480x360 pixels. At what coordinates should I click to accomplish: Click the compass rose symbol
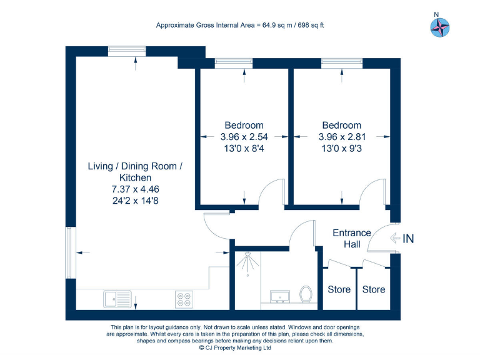click(440, 27)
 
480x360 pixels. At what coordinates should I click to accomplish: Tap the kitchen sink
click(117, 299)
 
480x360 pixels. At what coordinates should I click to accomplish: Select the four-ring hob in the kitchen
click(184, 299)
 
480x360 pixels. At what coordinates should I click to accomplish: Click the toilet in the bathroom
click(306, 294)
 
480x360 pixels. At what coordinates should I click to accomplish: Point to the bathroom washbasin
click(280, 297)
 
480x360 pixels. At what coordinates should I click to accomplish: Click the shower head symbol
click(247, 263)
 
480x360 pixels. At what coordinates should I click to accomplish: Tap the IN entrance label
click(408, 239)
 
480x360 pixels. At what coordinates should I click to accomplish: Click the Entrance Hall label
click(352, 239)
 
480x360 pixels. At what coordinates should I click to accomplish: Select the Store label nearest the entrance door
click(374, 289)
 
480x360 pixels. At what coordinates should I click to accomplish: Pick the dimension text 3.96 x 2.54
click(244, 137)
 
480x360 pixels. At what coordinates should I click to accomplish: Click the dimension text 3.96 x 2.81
click(342, 137)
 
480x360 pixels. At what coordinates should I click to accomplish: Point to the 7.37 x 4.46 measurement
click(135, 189)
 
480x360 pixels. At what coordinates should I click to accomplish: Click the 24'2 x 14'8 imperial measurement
click(135, 201)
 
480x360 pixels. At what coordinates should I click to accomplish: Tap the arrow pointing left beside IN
click(395, 238)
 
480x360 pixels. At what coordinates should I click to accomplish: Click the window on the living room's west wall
click(71, 252)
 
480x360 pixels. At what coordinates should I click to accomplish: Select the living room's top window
click(127, 51)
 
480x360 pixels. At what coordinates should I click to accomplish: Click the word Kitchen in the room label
click(135, 177)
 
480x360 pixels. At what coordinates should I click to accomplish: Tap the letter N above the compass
click(436, 14)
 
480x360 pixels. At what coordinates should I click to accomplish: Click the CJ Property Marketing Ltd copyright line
click(235, 347)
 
